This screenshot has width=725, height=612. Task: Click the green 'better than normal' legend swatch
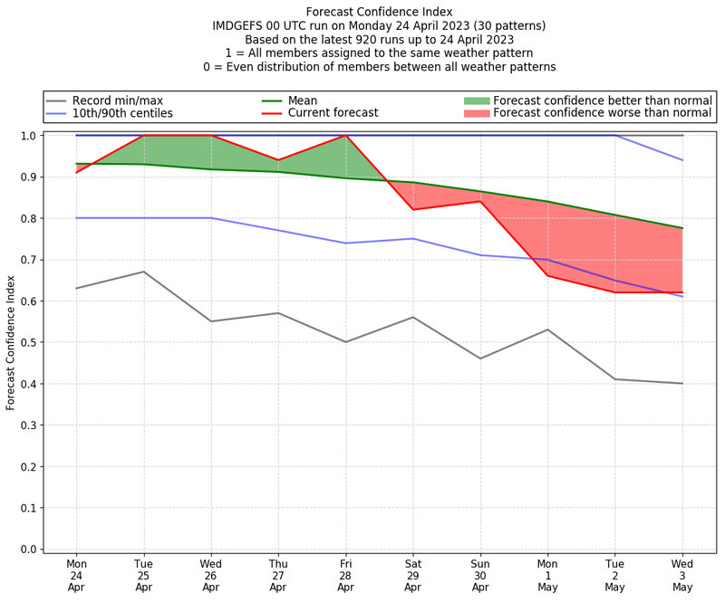click(x=476, y=100)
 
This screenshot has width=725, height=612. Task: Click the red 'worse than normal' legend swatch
click(x=476, y=113)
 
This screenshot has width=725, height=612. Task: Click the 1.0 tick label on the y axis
click(x=28, y=136)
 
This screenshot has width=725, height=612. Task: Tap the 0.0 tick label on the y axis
click(x=28, y=550)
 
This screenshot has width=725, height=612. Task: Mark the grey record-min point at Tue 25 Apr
click(x=144, y=272)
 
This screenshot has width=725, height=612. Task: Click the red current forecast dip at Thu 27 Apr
click(x=278, y=160)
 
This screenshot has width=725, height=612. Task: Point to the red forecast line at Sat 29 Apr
click(x=413, y=209)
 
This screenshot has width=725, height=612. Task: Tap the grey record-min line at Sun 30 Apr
click(x=480, y=359)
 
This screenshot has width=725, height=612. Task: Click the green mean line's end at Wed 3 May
click(x=682, y=228)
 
